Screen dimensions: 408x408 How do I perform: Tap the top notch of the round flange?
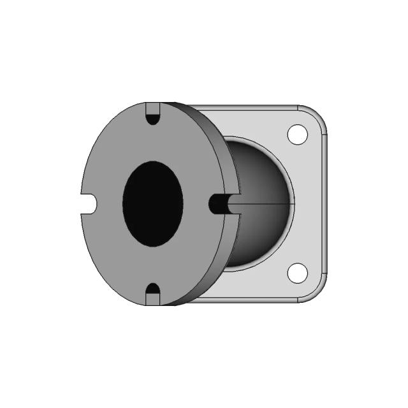pos(153,115)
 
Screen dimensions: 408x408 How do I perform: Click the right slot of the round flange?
pos(220,204)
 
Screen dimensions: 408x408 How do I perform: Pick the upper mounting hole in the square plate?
pos(297,135)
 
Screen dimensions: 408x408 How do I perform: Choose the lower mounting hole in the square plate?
pos(297,272)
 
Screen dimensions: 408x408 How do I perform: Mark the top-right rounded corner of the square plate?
pos(319,115)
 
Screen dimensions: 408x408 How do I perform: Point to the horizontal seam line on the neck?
pos(268,205)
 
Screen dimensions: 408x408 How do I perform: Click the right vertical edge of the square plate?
pos(326,204)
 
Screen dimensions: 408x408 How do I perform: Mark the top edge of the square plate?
pos(255,106)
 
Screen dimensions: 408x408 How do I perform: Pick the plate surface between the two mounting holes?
pos(309,204)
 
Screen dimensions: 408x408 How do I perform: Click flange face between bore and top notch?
pos(153,143)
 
